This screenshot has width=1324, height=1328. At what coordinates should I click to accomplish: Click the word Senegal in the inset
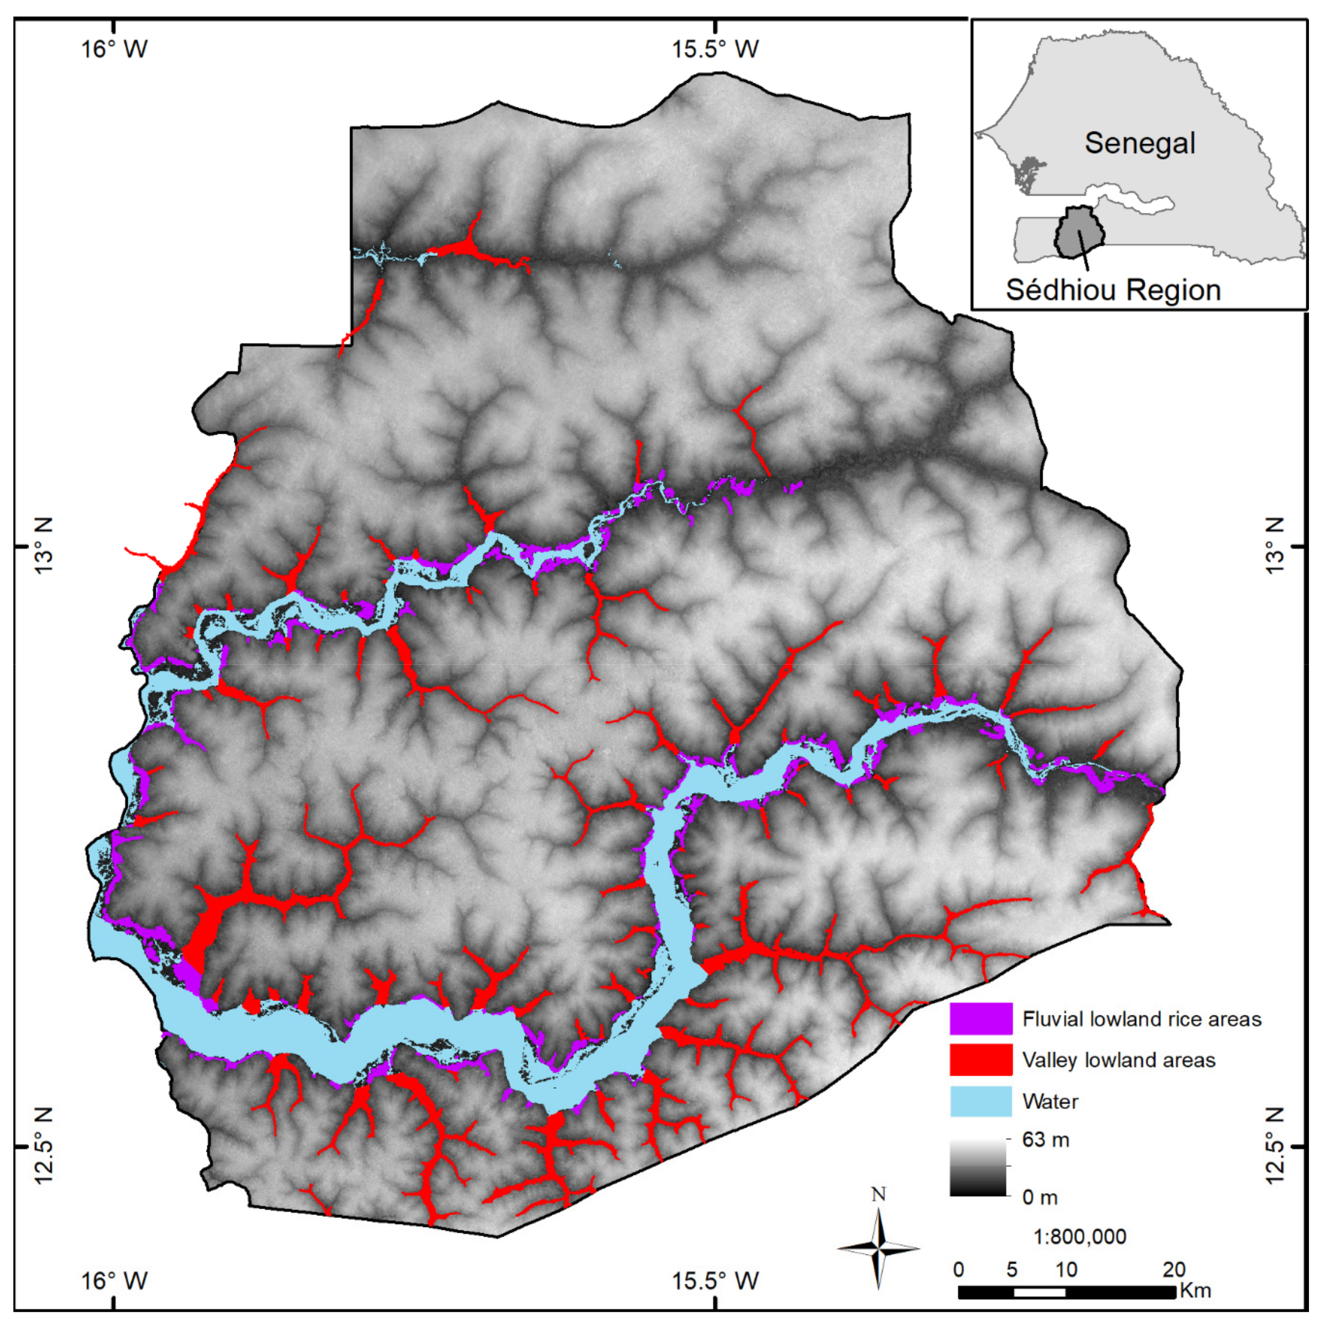click(1140, 143)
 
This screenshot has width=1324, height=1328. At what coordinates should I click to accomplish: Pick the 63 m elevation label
click(1045, 1140)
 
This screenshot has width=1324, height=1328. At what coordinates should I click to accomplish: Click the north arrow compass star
click(879, 1248)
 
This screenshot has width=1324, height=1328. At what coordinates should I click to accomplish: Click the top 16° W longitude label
click(115, 50)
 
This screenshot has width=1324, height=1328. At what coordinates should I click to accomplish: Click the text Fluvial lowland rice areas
click(1141, 1019)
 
